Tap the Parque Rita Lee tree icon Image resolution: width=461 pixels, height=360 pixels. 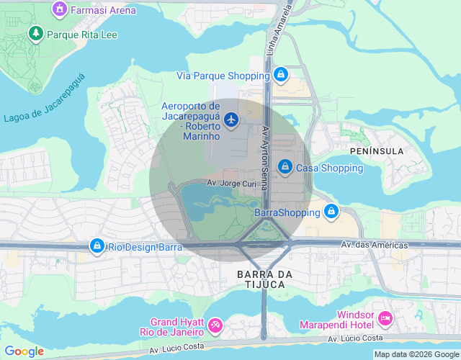coord(35,34)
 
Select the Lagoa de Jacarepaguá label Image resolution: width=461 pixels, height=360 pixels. coord(44,108)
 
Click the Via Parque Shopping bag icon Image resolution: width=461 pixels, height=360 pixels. coord(281,74)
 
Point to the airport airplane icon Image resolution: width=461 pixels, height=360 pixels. coord(231,119)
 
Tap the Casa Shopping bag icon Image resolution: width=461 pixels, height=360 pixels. coord(285,167)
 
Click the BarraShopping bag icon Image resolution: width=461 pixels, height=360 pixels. coord(331,212)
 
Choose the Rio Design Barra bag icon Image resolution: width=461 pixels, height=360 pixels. coord(97,246)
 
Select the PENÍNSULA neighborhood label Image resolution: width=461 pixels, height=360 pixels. coord(376,151)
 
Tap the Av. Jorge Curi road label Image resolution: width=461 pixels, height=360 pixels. coord(232,184)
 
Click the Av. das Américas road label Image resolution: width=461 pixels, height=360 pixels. coord(374,245)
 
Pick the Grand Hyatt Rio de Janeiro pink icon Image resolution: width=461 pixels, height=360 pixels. coord(214,326)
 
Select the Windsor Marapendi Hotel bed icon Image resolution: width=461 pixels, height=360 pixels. coord(385,317)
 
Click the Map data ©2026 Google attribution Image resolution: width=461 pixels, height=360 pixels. coord(416,354)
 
